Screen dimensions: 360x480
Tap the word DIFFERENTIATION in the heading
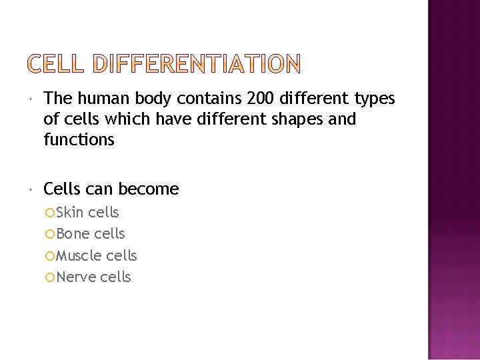196,65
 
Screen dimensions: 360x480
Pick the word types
375,99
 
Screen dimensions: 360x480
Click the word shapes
303,119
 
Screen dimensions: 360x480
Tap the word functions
79,140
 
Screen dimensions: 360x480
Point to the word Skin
70,213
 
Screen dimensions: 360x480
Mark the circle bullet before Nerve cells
51,277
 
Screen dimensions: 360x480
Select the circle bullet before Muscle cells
51,256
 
